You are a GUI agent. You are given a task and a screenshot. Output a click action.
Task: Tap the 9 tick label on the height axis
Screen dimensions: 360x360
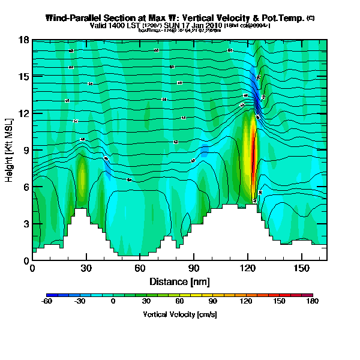click(24, 150)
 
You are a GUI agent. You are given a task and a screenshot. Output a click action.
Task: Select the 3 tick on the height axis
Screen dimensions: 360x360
click(24, 224)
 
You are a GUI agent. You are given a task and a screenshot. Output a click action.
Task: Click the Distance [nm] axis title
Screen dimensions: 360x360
click(179, 281)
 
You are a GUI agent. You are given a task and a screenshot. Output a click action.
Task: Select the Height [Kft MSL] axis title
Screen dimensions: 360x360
click(10, 150)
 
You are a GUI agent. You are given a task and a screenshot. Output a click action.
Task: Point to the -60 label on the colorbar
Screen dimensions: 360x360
click(47, 302)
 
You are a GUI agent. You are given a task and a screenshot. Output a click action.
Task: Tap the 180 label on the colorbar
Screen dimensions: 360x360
click(313, 302)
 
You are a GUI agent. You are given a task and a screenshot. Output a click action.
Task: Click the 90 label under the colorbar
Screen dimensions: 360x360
click(213, 302)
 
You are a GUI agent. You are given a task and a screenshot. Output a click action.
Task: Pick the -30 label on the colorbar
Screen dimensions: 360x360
click(80, 302)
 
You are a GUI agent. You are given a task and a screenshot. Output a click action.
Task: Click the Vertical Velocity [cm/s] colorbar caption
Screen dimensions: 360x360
click(179, 314)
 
